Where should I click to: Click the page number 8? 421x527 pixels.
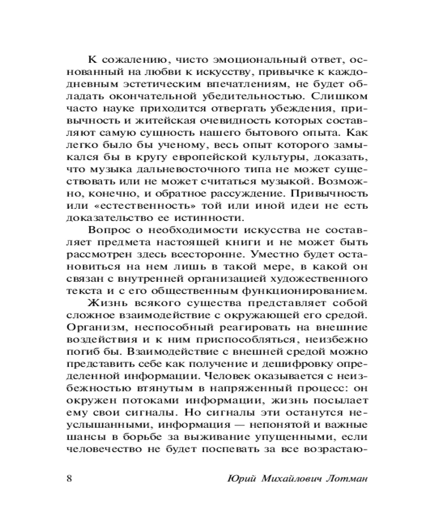tap(70, 479)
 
